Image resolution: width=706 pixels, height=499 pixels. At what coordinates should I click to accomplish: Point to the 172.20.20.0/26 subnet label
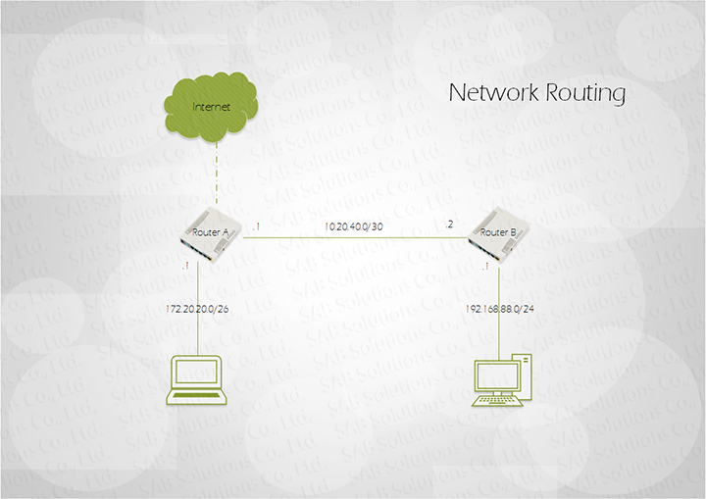pos(199,309)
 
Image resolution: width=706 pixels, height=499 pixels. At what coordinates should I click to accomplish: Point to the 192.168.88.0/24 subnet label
pos(499,309)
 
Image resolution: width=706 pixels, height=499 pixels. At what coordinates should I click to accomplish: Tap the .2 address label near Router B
pos(449,225)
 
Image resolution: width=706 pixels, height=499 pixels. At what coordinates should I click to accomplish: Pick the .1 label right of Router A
pos(256,226)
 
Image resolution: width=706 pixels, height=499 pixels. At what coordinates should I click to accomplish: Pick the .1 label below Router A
pos(183,267)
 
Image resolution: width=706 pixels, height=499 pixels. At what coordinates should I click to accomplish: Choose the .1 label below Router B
pos(484,267)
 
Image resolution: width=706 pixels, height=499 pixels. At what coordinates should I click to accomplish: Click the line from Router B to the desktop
pos(499,333)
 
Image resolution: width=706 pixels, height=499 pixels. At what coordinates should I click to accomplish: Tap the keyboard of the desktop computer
pos(496,400)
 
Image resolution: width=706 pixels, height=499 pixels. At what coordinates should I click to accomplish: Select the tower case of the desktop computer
pos(526,376)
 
